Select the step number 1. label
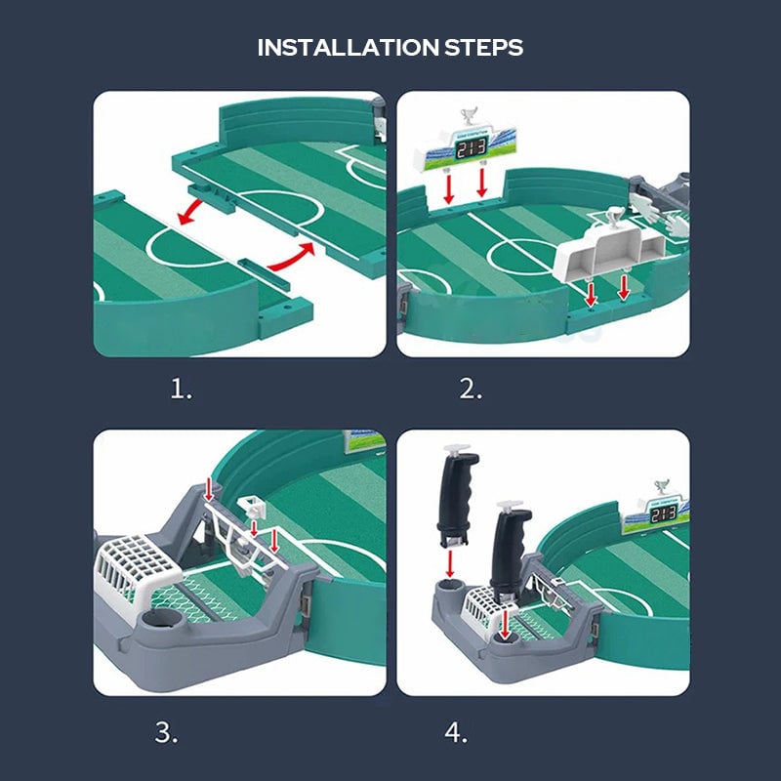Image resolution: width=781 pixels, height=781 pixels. [182, 390]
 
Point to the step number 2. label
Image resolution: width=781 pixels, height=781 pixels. [471, 390]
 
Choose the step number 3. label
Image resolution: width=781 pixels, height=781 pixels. [167, 731]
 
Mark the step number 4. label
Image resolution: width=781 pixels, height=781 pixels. [455, 731]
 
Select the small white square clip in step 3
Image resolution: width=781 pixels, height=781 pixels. [251, 508]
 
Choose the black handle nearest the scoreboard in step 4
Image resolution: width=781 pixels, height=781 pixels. [512, 552]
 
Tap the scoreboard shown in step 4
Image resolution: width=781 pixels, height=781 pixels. [664, 512]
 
